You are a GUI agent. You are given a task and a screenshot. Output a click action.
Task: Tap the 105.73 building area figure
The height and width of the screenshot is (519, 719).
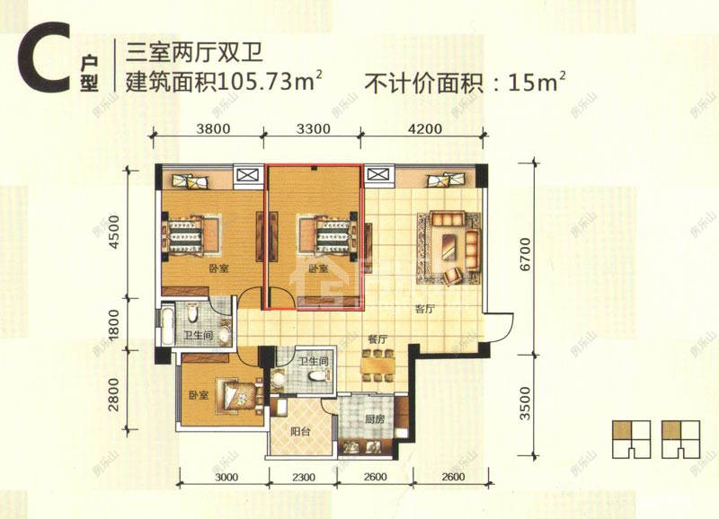[271, 84]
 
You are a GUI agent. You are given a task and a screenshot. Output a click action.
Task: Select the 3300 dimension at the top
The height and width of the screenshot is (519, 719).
[314, 128]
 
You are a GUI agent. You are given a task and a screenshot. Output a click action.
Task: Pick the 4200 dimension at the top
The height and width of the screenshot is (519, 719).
[424, 128]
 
